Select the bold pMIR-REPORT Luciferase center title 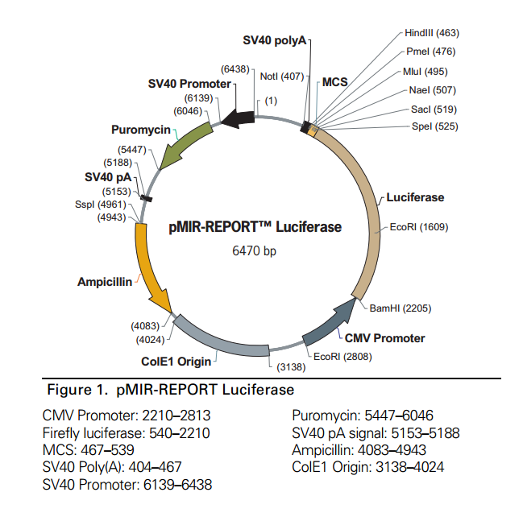tap(255, 227)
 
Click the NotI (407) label tap(281, 77)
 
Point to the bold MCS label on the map tap(334, 82)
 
